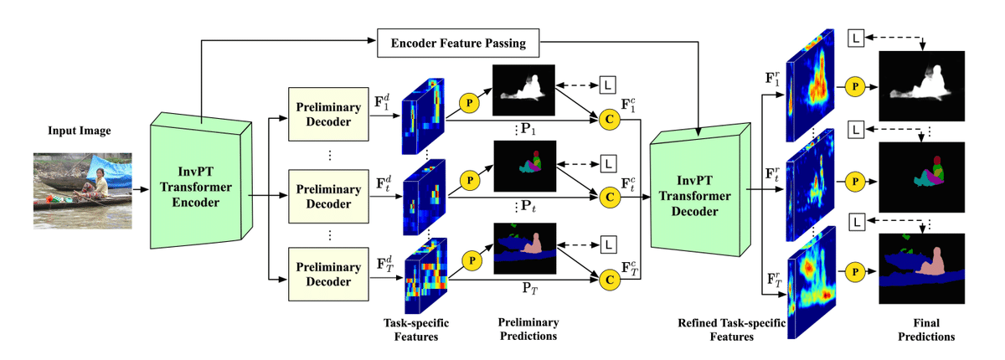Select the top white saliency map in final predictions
(921, 84)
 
